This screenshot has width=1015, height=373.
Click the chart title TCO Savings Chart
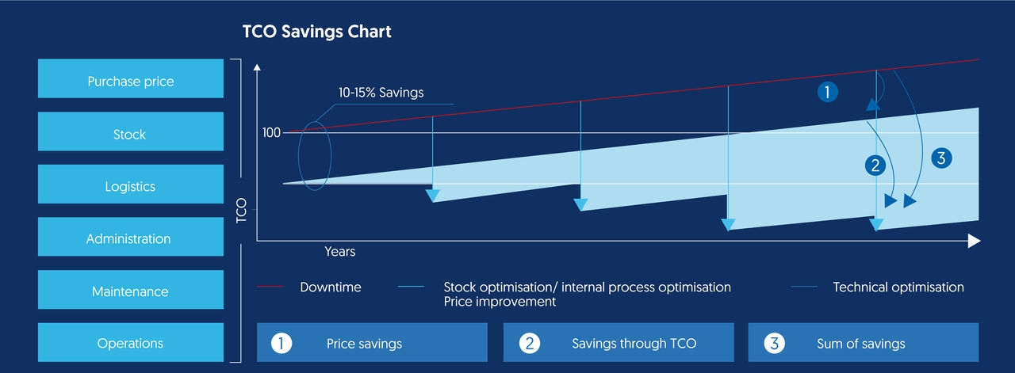(316, 32)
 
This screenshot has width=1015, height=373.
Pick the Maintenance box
(131, 290)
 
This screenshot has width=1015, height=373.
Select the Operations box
(131, 342)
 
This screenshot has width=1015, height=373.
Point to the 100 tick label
(271, 132)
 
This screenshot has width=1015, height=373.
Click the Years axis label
(339, 252)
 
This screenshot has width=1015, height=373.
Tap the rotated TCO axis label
(242, 208)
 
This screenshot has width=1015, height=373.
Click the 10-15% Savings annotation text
(381, 93)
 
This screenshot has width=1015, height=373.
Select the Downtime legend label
(330, 287)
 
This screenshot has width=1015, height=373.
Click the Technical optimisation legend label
(898, 287)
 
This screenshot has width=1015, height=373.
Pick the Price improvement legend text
(500, 302)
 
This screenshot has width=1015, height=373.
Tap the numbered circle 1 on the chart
(827, 93)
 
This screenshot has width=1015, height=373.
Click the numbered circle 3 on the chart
(940, 158)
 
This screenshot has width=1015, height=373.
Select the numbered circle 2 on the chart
(875, 166)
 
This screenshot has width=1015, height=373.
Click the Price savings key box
(372, 343)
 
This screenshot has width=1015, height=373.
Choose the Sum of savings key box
(864, 343)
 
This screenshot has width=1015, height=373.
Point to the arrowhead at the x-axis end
(975, 241)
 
